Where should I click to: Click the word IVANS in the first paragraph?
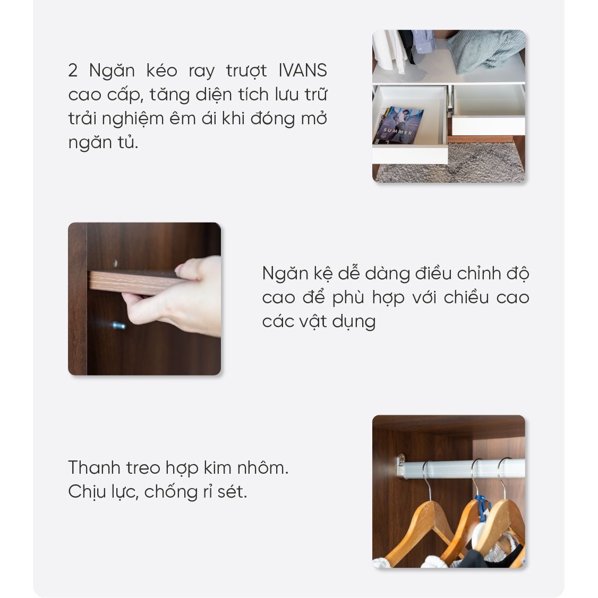coord(302,71)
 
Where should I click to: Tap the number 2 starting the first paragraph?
coord(73,71)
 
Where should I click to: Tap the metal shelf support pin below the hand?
coord(118,325)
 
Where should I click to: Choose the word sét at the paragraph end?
coord(234,492)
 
